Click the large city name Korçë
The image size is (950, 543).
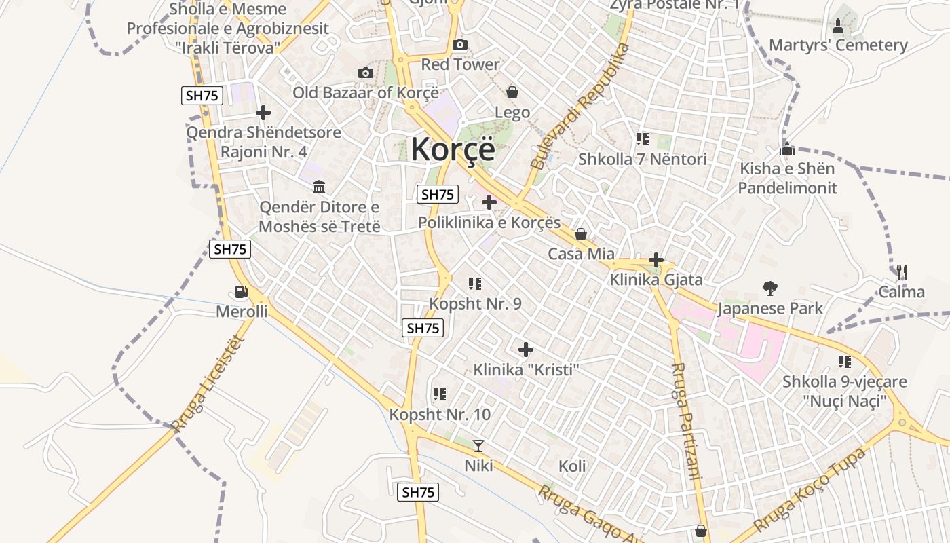pos(453,149)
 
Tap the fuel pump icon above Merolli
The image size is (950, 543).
pos(241,292)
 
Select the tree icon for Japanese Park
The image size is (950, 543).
pos(769,288)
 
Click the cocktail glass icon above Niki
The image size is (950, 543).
pos(478,446)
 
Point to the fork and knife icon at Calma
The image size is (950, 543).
pos(901,272)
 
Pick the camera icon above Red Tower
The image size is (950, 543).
pos(460,45)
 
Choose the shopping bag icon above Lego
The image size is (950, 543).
pos(512,92)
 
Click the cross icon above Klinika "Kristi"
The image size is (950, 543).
pos(526,350)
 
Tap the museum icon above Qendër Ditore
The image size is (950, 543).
pos(319,187)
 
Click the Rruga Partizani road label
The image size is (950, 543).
pos(685,421)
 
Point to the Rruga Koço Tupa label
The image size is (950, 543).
pos(810,490)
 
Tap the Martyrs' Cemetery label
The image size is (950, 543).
pos(838,45)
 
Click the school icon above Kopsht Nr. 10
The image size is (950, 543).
pos(439,394)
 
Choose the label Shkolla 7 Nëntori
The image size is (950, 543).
pos(642,160)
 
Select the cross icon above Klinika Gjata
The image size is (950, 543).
pos(655,260)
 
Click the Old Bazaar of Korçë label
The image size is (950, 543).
pos(366,92)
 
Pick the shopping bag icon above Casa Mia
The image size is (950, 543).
pos(581,235)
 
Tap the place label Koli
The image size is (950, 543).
pos(572,466)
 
